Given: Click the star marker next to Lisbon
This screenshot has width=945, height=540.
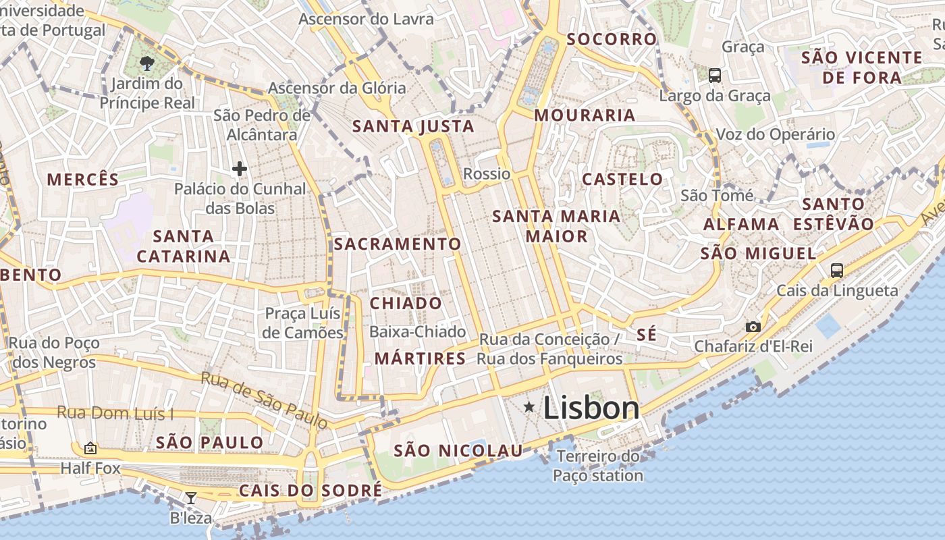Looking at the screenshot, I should click(x=529, y=406).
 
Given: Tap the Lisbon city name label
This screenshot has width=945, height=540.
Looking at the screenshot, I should click(x=591, y=408).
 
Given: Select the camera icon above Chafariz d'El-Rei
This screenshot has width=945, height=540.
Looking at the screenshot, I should click(x=753, y=327).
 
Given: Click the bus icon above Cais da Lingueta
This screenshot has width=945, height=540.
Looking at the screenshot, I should click(x=837, y=271).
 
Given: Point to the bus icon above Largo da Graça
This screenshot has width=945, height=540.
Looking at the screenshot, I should click(x=715, y=76).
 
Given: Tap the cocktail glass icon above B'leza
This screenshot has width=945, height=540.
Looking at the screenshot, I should click(x=191, y=498).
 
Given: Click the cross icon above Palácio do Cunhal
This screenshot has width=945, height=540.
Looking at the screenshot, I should click(x=239, y=169).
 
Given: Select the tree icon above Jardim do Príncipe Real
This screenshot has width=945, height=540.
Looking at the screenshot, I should click(x=146, y=63).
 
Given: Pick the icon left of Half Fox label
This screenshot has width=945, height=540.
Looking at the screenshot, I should click(x=90, y=448).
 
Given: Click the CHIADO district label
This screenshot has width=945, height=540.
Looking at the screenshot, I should click(x=406, y=303).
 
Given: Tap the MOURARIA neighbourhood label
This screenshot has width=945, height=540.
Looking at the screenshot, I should click(x=585, y=115).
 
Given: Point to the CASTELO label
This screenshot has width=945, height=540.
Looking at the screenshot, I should click(x=622, y=180).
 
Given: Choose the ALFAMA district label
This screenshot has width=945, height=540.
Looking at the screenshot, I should click(x=741, y=224).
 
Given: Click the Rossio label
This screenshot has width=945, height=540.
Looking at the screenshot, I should click(x=487, y=174).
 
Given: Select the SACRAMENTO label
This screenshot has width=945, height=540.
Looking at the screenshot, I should click(x=398, y=244).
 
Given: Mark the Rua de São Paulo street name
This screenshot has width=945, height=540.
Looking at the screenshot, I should click(x=264, y=400).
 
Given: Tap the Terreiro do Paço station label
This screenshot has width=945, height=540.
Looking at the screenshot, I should click(x=598, y=466).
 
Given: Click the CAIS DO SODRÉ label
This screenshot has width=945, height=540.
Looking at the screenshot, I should click(x=310, y=490).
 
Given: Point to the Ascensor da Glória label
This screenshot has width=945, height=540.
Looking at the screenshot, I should click(x=337, y=88).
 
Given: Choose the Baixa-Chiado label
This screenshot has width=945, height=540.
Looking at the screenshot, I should click(x=417, y=332).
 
